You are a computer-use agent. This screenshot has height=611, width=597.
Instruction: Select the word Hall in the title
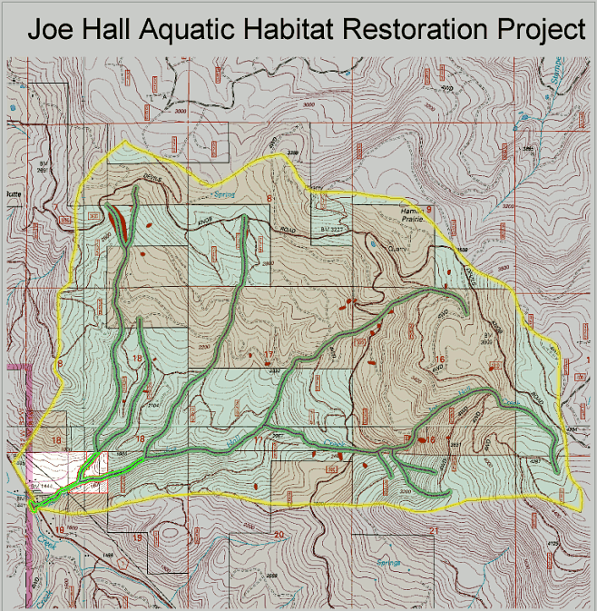(112, 30)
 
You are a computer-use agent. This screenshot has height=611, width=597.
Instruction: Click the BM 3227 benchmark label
(332, 232)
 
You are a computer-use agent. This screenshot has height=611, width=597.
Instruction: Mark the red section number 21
(436, 529)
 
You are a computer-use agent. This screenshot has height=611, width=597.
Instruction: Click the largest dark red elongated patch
(118, 219)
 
